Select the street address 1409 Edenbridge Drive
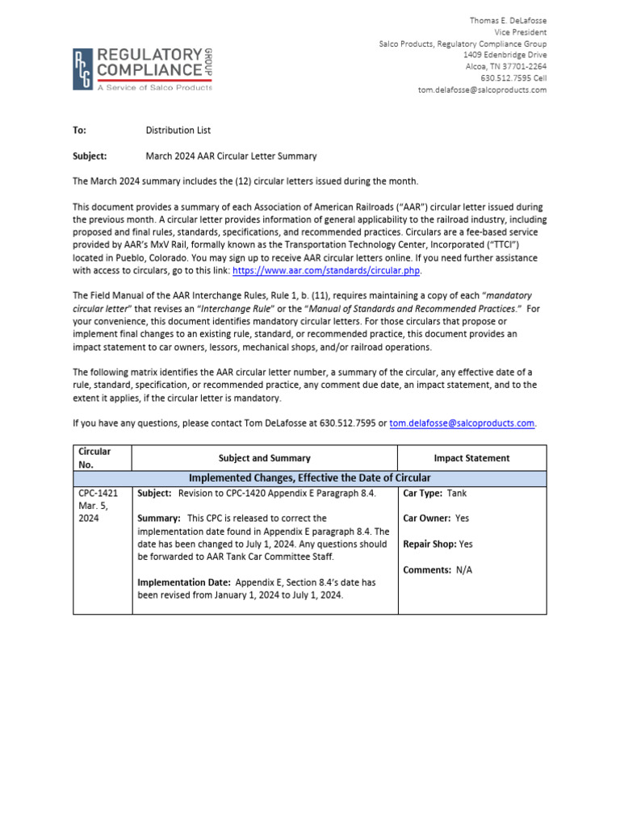tap(505, 55)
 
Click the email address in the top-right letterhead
tap(482, 90)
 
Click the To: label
tap(79, 130)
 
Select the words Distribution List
tap(178, 130)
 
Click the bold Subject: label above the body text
tap(90, 156)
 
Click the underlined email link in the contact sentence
tap(461, 423)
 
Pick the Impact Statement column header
tap(471, 458)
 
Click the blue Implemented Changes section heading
tap(309, 478)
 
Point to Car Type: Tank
tap(434, 493)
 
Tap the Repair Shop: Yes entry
tap(438, 544)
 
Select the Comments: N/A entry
tap(437, 570)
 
